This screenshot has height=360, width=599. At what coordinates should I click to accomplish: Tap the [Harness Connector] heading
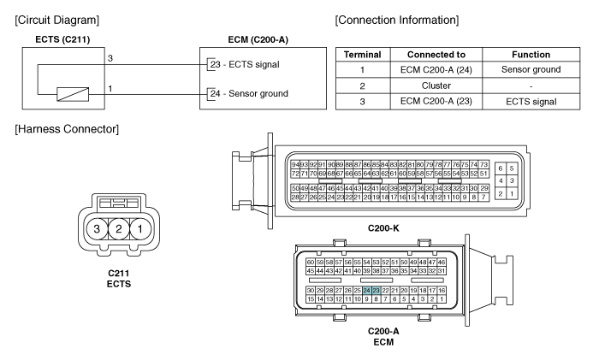(x=62, y=129)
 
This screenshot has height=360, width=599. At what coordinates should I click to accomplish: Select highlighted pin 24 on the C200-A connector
(x=367, y=291)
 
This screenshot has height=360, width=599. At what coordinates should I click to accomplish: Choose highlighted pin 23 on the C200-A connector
(x=377, y=291)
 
